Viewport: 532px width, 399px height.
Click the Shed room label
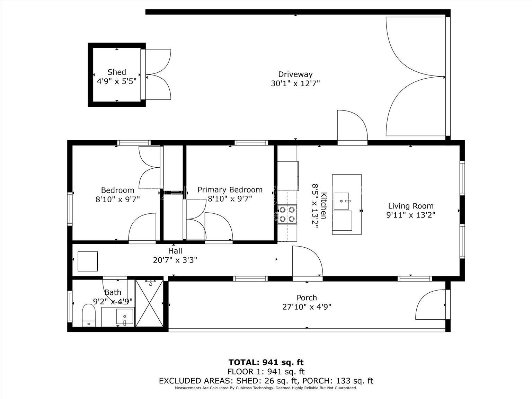click(117, 72)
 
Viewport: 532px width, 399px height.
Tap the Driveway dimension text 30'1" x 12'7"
click(295, 83)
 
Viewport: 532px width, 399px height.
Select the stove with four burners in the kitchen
click(287, 214)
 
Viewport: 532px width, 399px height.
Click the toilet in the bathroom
click(89, 315)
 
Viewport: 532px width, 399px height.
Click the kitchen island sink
click(342, 201)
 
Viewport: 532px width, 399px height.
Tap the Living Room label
click(410, 206)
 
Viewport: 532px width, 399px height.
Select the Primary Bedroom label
click(230, 190)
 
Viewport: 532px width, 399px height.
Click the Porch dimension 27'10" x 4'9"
click(307, 307)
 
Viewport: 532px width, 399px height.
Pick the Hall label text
click(175, 251)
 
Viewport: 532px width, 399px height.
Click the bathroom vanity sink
click(124, 317)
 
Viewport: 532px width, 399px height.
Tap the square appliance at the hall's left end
click(88, 261)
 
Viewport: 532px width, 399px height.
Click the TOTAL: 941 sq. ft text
click(266, 362)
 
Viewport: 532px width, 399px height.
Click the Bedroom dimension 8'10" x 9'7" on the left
click(117, 199)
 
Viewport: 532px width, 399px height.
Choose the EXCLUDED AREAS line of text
click(266, 381)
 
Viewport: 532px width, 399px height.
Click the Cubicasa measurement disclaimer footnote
click(266, 388)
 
